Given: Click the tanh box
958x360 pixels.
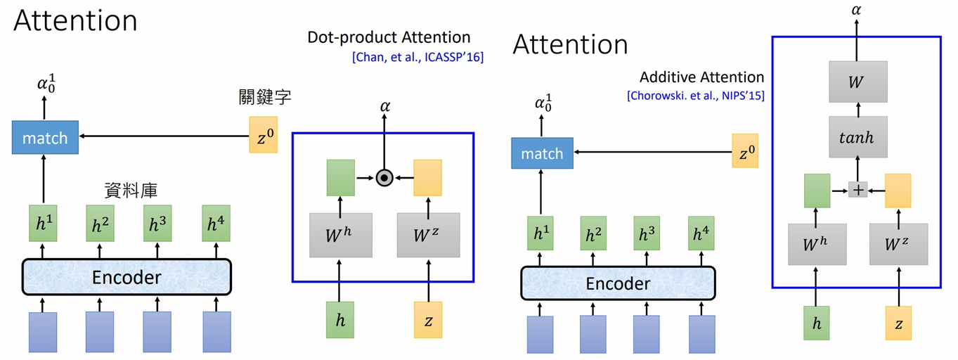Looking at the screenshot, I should coord(857,137).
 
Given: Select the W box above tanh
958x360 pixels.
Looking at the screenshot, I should coord(857,81).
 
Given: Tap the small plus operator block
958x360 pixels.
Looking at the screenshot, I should coord(858,189).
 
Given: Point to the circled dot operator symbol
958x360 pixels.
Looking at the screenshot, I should coord(384,178).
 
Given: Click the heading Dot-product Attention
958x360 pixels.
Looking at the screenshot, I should coord(389,37).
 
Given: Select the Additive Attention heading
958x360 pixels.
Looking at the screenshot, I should coord(701,77).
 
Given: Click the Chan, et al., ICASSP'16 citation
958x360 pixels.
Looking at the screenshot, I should coord(417,57).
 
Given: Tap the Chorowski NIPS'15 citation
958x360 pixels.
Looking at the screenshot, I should coord(696,96).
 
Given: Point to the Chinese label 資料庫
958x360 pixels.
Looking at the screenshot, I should coord(130,189).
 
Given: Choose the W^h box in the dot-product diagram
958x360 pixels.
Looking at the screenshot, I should coord(340,235).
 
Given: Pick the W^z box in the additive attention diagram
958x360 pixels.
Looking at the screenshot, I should coord(898,244).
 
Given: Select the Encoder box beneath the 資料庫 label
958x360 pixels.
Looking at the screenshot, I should coord(127,277).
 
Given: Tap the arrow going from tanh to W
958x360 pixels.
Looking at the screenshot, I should coord(857,108).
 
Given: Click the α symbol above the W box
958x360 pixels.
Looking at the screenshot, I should coord(857,11).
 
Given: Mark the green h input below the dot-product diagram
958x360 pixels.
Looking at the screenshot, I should coord(340,319).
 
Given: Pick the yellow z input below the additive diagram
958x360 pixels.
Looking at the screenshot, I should coord(898,323).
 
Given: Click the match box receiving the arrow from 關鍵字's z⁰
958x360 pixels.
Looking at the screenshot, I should coord(45,138).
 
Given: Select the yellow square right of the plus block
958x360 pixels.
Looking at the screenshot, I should coord(898,191).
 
